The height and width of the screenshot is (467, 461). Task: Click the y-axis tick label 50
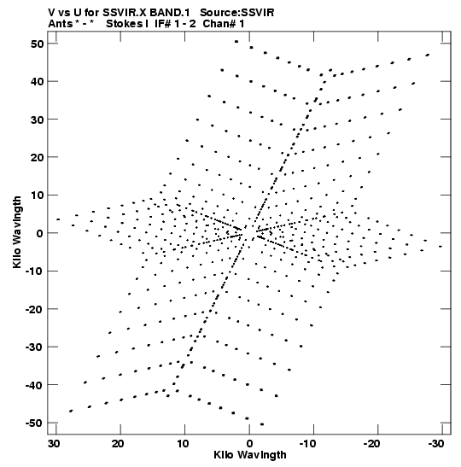(x=37, y=44)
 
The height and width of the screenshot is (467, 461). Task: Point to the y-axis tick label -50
(x=34, y=423)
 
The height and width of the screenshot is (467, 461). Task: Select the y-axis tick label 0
(x=40, y=233)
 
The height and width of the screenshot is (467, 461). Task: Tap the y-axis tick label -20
(x=34, y=309)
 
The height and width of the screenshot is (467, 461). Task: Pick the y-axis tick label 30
(x=37, y=120)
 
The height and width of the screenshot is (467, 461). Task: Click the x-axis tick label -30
(x=436, y=444)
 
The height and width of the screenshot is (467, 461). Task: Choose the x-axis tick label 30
(x=54, y=444)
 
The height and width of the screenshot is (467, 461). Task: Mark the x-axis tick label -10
(x=307, y=444)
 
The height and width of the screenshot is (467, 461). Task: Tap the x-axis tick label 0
(x=249, y=444)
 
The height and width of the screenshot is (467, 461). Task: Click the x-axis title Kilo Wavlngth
(x=250, y=455)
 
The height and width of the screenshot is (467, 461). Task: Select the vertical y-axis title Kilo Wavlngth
(x=17, y=232)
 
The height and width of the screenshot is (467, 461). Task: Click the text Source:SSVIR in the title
(x=236, y=13)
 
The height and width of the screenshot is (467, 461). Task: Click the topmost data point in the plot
(x=236, y=42)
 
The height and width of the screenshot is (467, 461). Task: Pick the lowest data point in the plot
(x=262, y=424)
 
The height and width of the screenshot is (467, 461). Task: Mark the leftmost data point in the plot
(x=58, y=219)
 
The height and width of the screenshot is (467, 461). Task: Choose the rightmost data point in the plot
(x=441, y=247)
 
